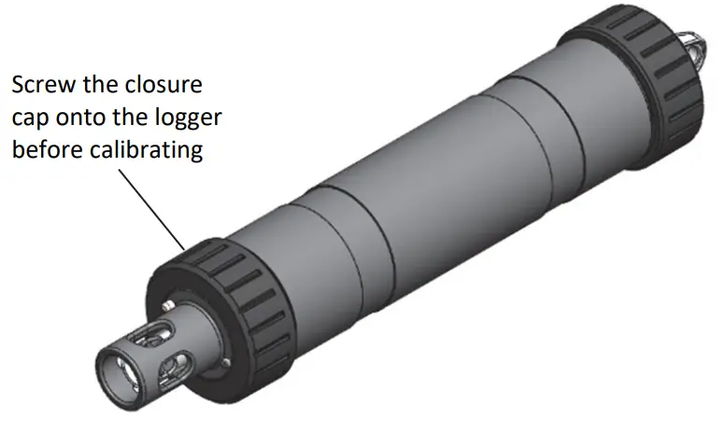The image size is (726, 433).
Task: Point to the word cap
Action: point(30,119)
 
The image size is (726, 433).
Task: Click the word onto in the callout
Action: point(81,119)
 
